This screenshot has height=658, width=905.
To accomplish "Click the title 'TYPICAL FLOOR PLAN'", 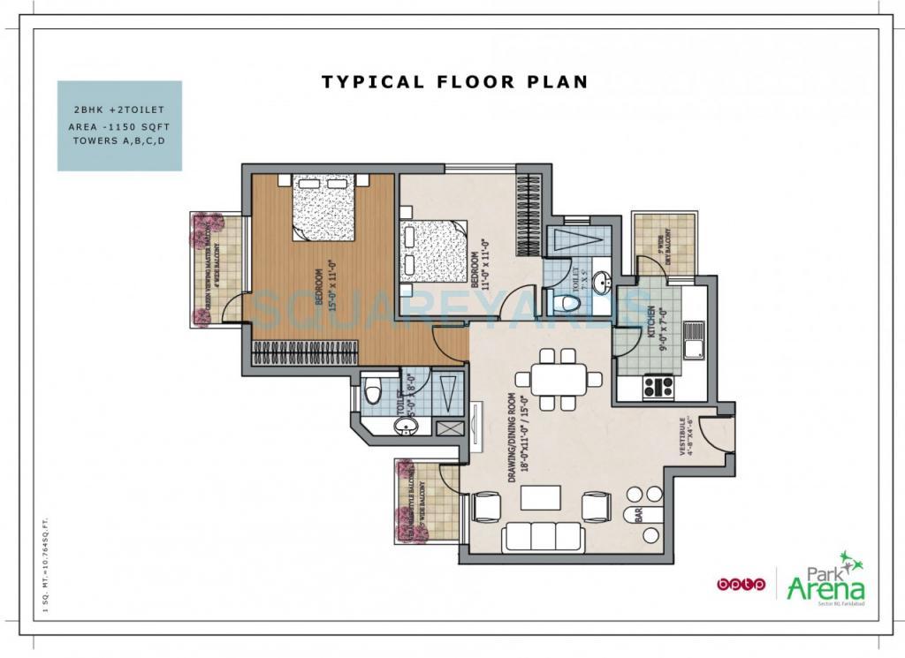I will (x=454, y=82).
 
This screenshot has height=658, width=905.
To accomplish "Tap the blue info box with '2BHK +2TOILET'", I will (x=119, y=125).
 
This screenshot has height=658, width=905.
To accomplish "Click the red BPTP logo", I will (x=739, y=584).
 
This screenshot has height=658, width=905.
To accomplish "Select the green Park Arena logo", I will (x=825, y=579).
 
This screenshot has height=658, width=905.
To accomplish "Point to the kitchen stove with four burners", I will (x=658, y=386).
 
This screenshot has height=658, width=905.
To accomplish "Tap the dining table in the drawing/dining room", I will (x=559, y=380).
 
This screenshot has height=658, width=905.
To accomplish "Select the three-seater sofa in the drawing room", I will (x=542, y=536).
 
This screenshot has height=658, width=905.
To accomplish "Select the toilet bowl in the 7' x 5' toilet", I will (x=568, y=304).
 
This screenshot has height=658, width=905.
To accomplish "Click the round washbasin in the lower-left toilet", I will (x=407, y=428).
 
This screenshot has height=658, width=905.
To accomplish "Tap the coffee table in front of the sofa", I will (x=540, y=497).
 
